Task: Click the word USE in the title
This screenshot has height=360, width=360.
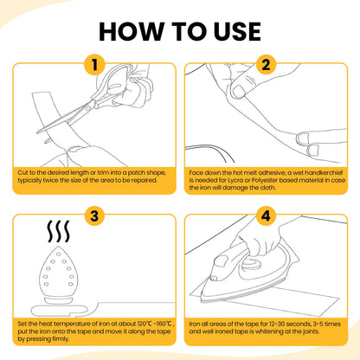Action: pos(237,31)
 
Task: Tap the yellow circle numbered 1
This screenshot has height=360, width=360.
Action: pos(94,65)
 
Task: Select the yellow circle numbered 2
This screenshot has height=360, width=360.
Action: pos(266,65)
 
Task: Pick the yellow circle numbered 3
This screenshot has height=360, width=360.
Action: pos(94,215)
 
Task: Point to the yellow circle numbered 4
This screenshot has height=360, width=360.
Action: pos(266,215)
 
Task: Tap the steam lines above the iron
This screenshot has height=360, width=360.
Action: pos(59,231)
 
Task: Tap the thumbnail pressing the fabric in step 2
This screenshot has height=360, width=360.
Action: pos(239,92)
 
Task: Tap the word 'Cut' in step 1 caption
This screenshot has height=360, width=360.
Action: pos(22,173)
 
